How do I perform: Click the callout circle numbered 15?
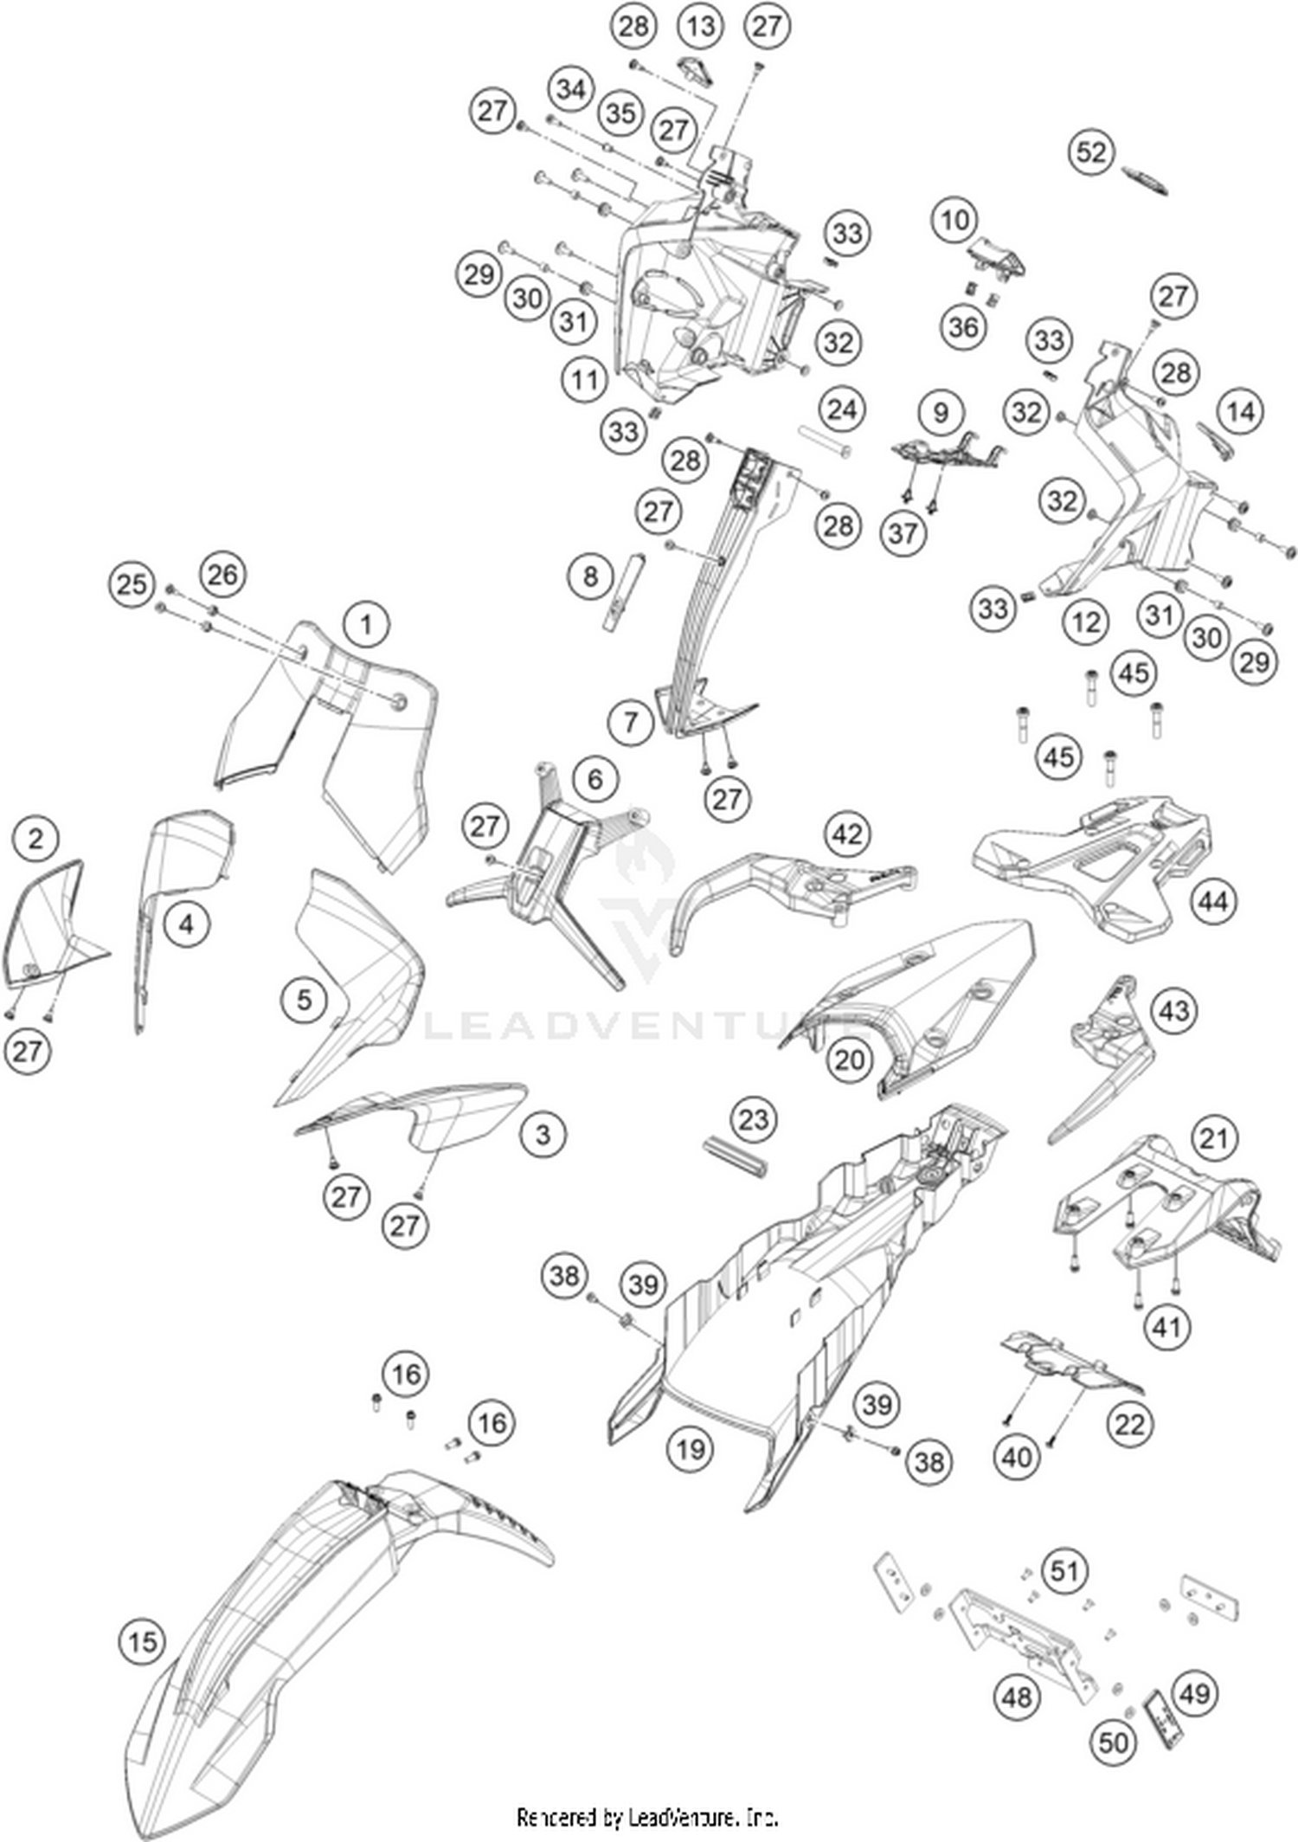143,1642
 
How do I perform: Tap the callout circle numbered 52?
1091,152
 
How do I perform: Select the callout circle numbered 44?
1212,902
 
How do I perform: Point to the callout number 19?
690,1448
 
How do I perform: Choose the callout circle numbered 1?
366,625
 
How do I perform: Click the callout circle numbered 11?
584,380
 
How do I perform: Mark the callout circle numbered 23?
753,1119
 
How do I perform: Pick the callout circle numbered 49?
1195,1692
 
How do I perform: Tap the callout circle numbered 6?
594,779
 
